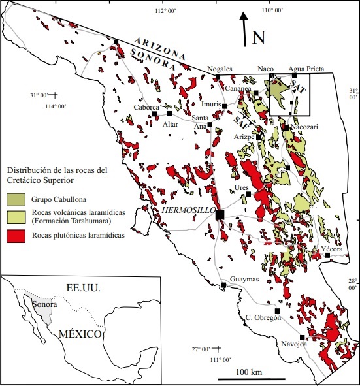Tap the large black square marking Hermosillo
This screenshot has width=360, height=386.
pos(220,215)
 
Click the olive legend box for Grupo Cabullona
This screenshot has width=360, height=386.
pos(13,197)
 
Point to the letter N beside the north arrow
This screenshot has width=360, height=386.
pos(259,37)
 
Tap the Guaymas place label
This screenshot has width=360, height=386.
pos(244,280)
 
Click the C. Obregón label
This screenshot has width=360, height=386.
pos(263,317)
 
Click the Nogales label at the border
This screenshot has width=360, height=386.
pos(219,69)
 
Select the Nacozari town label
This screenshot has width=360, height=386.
pos(304,127)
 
